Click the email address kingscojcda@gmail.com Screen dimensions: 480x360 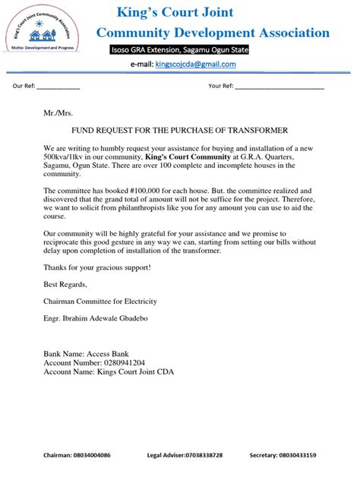click(x=195, y=65)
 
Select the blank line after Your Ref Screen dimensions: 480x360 click(x=279, y=87)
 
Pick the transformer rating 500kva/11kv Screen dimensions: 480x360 click(x=67, y=156)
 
